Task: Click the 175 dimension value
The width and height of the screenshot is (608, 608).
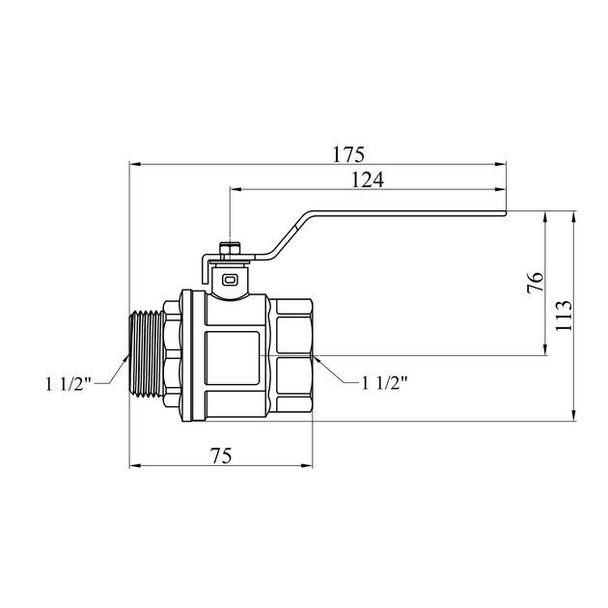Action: click(348, 154)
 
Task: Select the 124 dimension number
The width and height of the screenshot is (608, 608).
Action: click(367, 180)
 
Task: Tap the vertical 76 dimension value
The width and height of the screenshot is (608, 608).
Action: click(536, 282)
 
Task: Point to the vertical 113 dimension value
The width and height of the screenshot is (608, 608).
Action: click(564, 316)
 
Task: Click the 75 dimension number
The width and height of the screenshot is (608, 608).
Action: click(221, 456)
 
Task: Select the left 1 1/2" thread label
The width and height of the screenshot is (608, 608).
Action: click(69, 384)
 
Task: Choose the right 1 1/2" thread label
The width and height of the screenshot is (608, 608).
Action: click(384, 383)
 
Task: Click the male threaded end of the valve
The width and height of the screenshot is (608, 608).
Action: click(146, 353)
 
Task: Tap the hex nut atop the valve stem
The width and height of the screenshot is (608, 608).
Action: click(230, 249)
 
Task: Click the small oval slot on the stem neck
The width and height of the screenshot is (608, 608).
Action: click(229, 280)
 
